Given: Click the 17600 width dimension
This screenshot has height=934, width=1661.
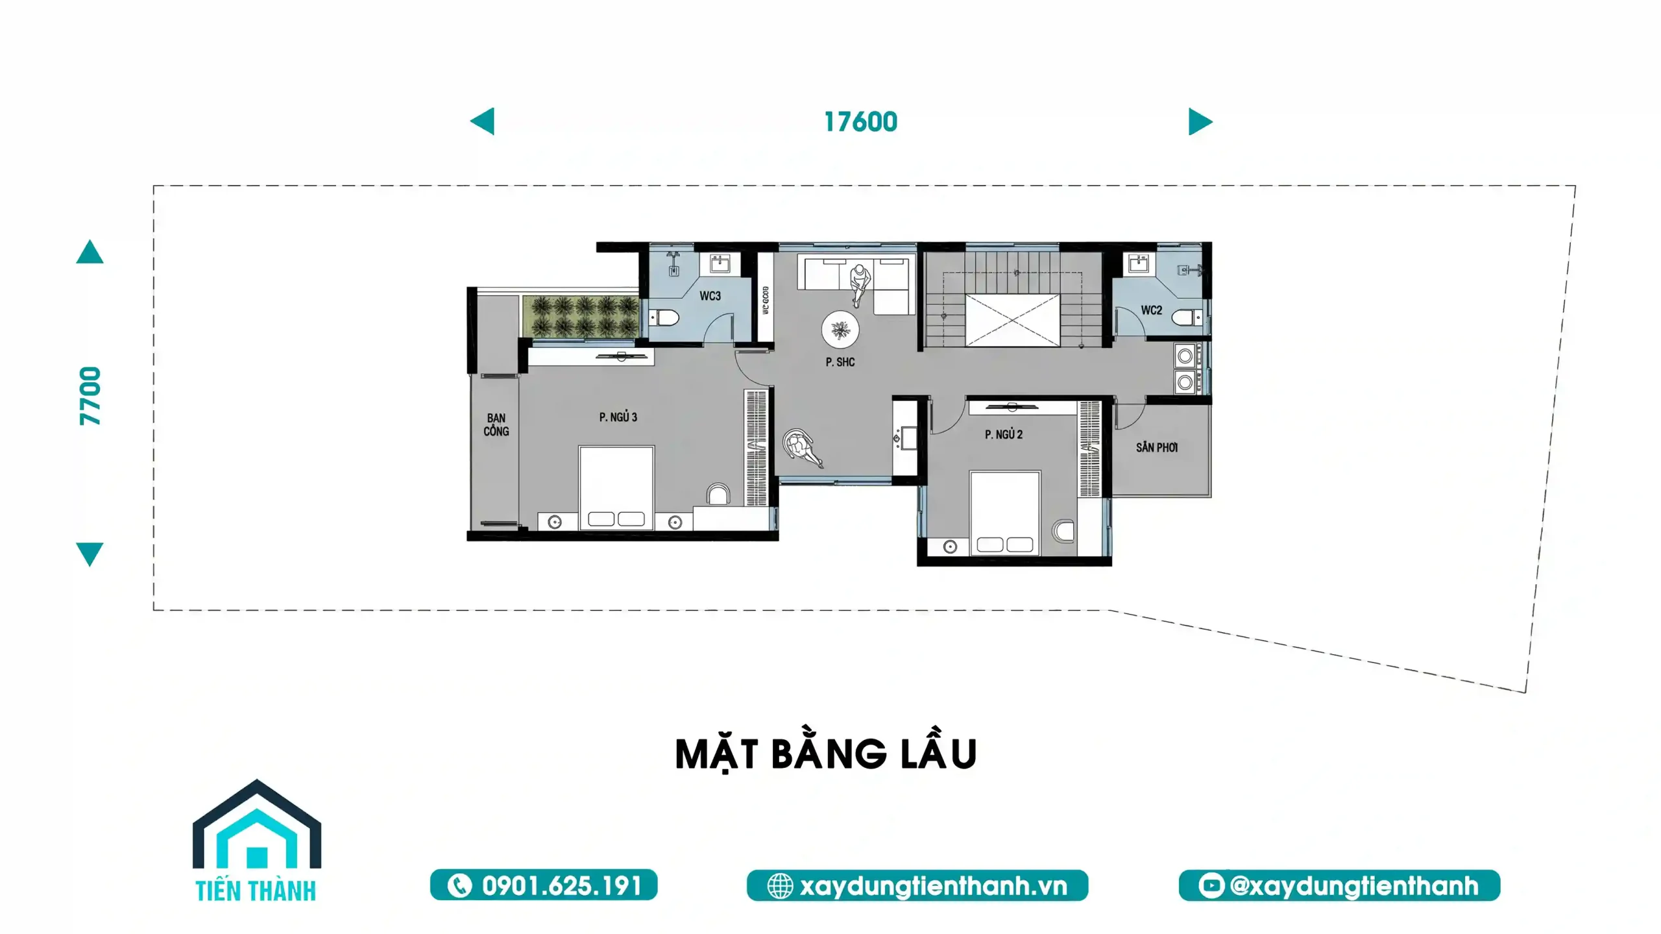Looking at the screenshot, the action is coord(860,122).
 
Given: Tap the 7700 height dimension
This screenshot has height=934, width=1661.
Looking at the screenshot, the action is coord(90,396).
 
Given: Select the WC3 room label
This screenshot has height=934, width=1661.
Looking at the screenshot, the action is coord(710,296).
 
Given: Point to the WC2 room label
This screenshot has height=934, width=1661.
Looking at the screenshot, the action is coord(1152,310).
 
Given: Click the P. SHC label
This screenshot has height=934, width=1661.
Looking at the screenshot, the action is coord(840,362).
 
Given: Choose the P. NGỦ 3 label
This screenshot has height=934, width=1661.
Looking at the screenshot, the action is coord(618,417).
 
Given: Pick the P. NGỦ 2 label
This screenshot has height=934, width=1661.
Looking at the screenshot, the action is coord(1004,434).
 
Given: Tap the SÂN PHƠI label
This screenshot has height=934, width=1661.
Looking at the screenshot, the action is coord(1157,447).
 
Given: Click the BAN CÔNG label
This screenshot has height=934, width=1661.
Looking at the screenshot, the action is coord(496,424).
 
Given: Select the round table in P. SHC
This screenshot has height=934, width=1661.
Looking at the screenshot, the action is coord(841,330).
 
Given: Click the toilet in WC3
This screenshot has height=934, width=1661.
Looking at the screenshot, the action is coord(664,318).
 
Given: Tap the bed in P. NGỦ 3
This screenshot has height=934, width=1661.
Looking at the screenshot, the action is coord(616,487).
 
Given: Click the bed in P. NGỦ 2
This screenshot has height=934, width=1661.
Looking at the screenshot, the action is coord(1005,513).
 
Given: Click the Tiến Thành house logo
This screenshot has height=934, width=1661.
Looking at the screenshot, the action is coord(257,841).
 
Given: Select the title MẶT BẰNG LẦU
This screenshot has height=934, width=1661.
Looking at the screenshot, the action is coord(826,754).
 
